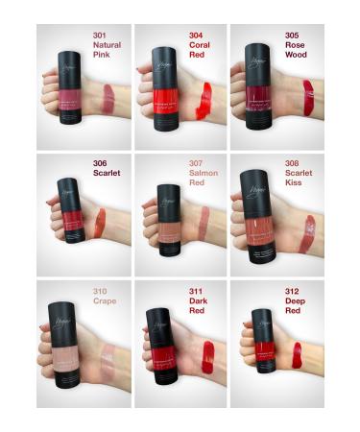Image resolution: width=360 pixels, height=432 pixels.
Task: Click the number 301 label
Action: pyautogui.click(x=99, y=36)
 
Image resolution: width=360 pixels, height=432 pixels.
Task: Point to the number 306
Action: pyautogui.click(x=99, y=163)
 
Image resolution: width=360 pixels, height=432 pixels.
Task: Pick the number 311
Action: pyautogui.click(x=196, y=289)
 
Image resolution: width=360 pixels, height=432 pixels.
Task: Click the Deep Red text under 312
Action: pyautogui.click(x=292, y=303)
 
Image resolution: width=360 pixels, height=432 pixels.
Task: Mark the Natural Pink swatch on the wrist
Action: pyautogui.click(x=107, y=96)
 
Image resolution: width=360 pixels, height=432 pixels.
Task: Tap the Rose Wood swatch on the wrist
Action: pyautogui.click(x=308, y=97)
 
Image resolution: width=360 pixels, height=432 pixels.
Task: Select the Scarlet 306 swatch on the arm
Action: pyautogui.click(x=100, y=224)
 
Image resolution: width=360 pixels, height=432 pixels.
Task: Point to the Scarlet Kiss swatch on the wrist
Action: pyautogui.click(x=307, y=232)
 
